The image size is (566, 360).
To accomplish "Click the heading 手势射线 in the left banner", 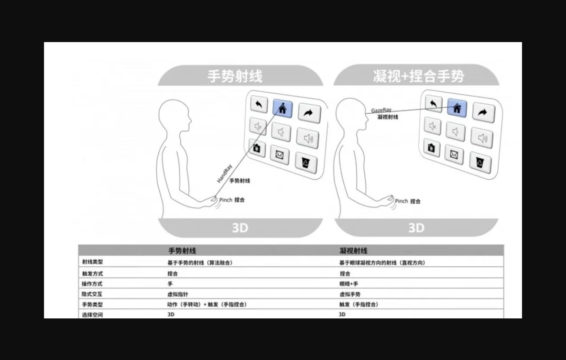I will (x=235, y=76).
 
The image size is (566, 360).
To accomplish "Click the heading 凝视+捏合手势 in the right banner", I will (x=418, y=76).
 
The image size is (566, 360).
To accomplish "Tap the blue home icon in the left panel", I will (x=283, y=109).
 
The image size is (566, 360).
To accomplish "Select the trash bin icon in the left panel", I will (x=306, y=163).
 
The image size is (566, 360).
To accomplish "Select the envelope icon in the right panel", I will (x=454, y=154).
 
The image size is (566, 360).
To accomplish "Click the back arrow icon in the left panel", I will (x=259, y=105).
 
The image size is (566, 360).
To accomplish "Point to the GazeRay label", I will (x=381, y=110).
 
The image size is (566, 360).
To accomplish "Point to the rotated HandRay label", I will (x=224, y=174).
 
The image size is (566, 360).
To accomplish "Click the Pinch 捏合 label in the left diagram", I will (x=232, y=200).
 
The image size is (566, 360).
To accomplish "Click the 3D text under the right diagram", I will (x=416, y=228).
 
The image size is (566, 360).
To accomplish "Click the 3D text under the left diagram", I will (x=240, y=228).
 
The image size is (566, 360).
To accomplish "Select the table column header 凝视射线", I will (x=353, y=251).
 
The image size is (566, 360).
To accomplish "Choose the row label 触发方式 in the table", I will (x=92, y=273).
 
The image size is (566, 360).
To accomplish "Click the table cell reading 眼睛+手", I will (x=349, y=284).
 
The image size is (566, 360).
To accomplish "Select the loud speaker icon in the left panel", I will (x=308, y=138).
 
